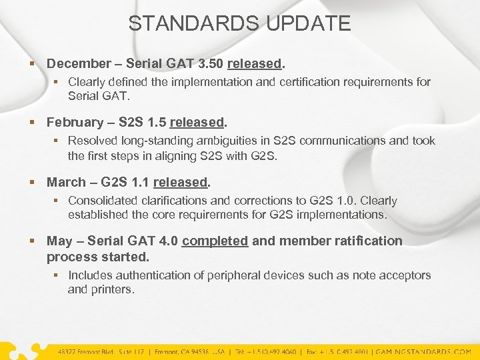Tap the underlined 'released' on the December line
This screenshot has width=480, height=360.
tap(255, 64)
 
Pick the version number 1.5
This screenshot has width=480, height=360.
tap(156, 123)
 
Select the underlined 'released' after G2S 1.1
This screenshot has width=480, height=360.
tap(181, 182)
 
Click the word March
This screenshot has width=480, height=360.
tap(66, 182)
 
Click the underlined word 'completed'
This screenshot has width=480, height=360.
tap(215, 241)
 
